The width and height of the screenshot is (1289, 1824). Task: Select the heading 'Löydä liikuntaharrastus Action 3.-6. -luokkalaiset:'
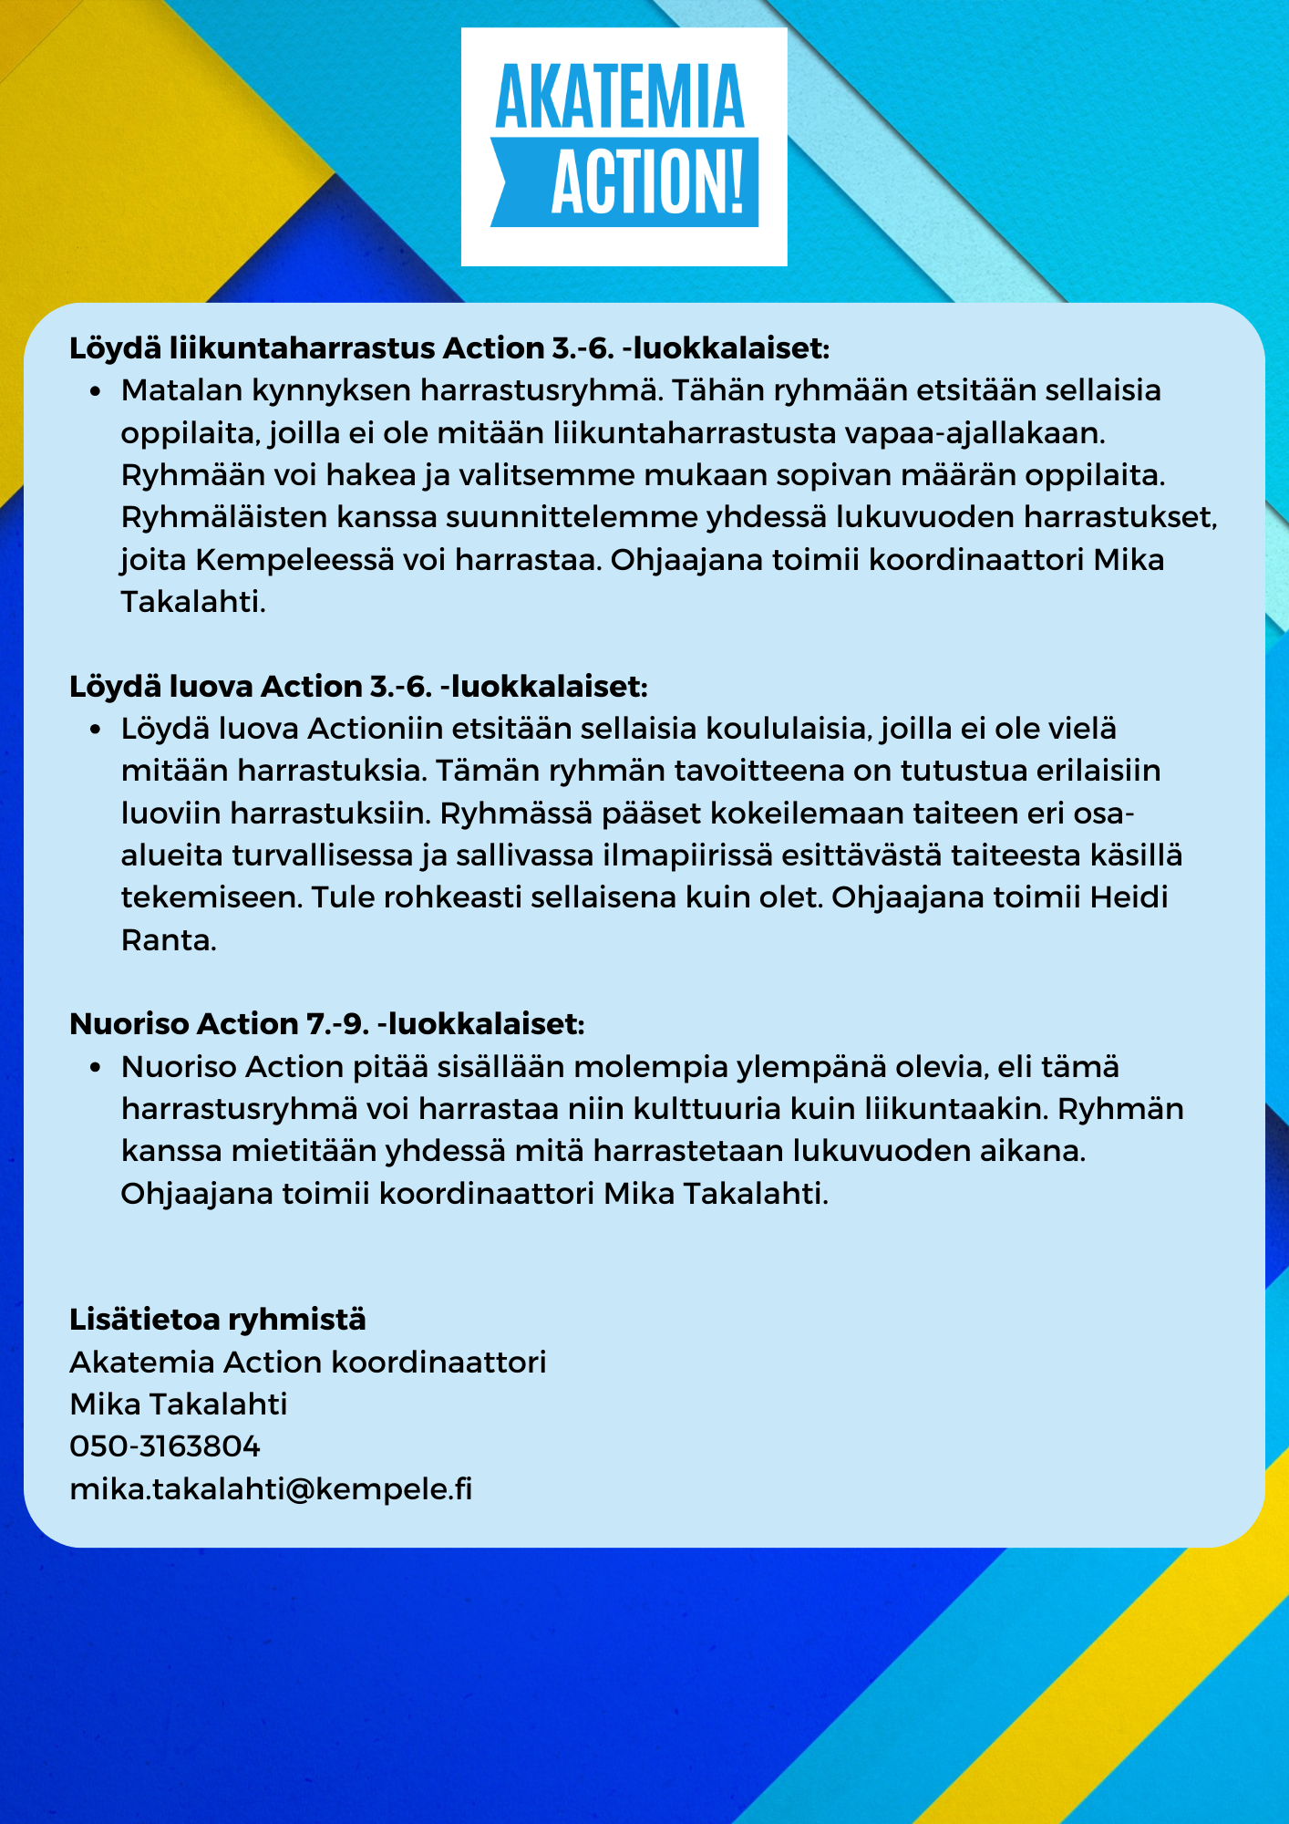point(449,348)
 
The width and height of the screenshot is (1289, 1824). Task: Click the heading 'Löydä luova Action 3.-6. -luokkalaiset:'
point(358,687)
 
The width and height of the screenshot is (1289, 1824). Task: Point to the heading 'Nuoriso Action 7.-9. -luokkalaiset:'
point(326,1024)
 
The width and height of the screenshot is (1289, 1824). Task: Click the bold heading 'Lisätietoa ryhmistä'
point(218,1320)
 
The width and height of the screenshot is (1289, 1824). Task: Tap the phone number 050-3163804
point(165,1446)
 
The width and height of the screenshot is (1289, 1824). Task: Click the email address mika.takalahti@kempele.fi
point(271,1489)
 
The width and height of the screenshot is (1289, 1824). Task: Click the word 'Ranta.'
point(169,940)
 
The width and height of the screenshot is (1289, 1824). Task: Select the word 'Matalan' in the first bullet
point(181,390)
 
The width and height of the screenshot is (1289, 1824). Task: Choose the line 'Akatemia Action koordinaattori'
point(307,1363)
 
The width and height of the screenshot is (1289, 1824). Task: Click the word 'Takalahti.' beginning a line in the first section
point(193,602)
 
